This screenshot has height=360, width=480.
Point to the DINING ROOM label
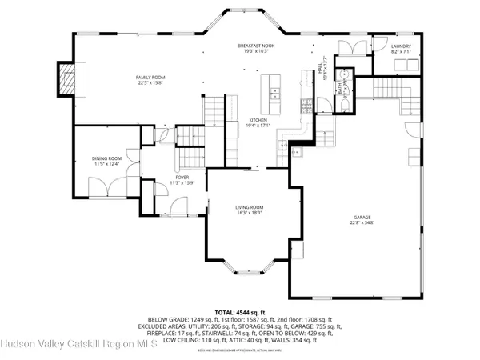(x=106, y=158)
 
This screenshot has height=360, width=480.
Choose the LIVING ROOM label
(x=250, y=207)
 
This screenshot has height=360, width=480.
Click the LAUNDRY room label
(x=401, y=47)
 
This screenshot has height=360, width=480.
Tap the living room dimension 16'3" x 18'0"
(x=250, y=213)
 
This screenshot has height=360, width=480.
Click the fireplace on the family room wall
(x=63, y=78)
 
